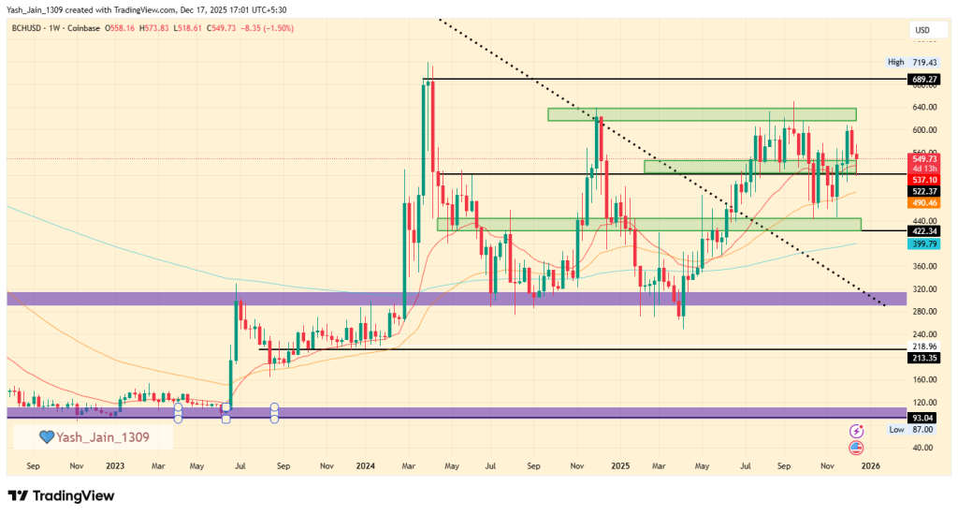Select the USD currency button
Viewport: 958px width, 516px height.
922,31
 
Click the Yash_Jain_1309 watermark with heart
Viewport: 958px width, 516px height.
93,436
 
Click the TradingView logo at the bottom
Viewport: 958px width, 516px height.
60,495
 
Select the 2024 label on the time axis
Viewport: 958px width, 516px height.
366,464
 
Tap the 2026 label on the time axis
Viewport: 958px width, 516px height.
870,464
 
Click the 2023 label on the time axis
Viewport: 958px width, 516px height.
115,464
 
